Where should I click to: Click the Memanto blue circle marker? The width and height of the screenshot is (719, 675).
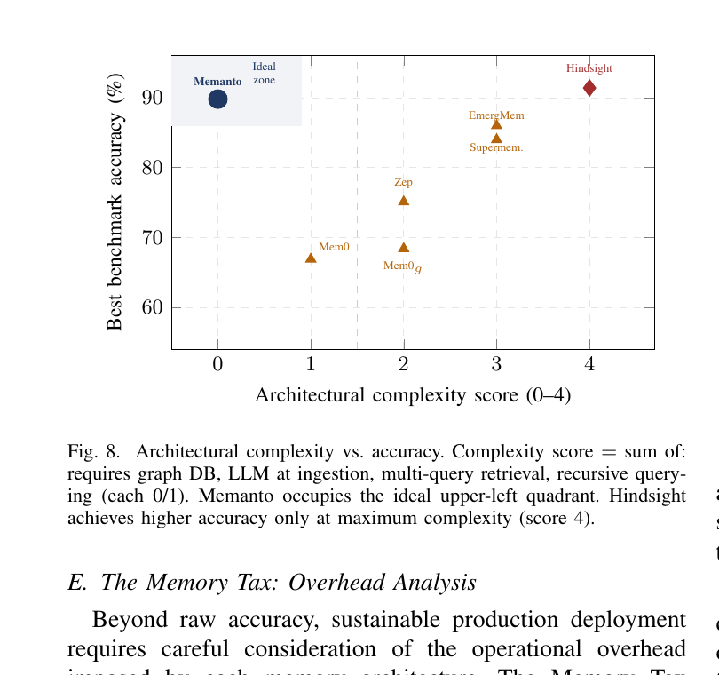(x=217, y=99)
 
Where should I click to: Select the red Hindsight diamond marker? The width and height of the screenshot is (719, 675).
(x=589, y=88)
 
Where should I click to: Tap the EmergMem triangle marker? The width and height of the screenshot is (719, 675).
(x=496, y=124)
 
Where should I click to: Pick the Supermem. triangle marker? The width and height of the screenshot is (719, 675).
(x=496, y=138)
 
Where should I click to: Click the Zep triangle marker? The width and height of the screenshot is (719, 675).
(x=404, y=201)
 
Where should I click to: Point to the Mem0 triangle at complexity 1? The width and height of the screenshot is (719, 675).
(x=311, y=258)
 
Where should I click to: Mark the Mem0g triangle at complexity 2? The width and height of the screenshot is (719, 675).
(x=404, y=248)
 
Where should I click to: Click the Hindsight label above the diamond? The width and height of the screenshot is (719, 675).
(x=589, y=68)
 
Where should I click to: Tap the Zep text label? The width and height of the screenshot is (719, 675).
(x=403, y=182)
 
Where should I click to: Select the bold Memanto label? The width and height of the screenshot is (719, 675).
(x=217, y=82)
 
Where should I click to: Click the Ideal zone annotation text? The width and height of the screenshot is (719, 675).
(x=264, y=73)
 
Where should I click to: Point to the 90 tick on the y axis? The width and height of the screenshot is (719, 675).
(x=151, y=98)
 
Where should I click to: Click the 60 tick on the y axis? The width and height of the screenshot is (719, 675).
(x=151, y=308)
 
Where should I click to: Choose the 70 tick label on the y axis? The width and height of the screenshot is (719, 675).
(x=151, y=238)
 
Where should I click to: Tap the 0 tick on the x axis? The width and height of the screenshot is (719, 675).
(x=217, y=364)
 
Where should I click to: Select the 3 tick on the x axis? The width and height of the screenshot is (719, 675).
(x=496, y=364)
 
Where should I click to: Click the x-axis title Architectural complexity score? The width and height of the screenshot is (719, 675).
(x=413, y=395)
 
